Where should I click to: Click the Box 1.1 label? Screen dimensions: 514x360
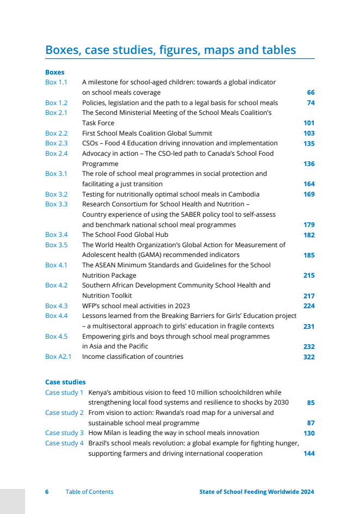click(56, 82)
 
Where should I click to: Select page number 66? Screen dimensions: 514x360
click(310, 93)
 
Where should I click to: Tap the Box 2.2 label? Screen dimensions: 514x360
click(56, 133)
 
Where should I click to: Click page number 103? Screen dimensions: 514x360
click(309, 133)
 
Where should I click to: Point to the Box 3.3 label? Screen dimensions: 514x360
click(56, 204)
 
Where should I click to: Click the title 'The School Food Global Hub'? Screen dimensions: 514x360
click(124, 235)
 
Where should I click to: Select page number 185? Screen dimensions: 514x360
click(309, 255)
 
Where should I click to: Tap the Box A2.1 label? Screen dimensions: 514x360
click(58, 357)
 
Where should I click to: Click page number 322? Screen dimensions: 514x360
click(309, 357)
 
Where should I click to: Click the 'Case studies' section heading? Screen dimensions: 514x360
click(65, 382)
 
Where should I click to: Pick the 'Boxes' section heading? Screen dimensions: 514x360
click(54, 72)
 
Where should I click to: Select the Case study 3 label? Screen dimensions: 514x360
click(64, 433)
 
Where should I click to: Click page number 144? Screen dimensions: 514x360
click(309, 454)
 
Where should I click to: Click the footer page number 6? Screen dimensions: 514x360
click(47, 492)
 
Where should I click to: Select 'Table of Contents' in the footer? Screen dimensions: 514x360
click(89, 492)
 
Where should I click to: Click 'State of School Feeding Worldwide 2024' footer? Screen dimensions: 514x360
click(257, 492)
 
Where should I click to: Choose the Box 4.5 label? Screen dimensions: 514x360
click(56, 336)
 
